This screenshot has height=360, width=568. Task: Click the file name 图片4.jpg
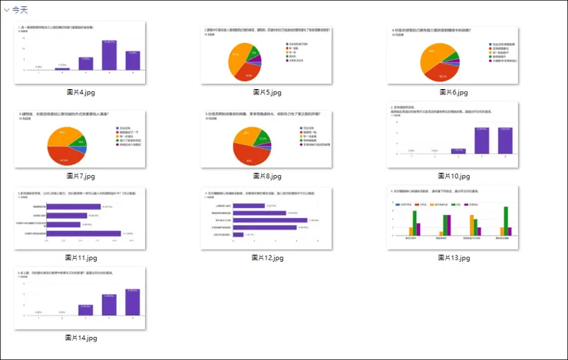81,93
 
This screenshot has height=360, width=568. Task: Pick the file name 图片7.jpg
81,176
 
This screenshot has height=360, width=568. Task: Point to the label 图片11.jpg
81,258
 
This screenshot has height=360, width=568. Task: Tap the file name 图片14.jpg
81,338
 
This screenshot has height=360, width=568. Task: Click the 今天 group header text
21,9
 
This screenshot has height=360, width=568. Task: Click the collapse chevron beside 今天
6,9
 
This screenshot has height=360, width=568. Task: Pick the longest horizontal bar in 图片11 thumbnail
84,233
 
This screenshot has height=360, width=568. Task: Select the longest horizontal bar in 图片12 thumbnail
269,220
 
